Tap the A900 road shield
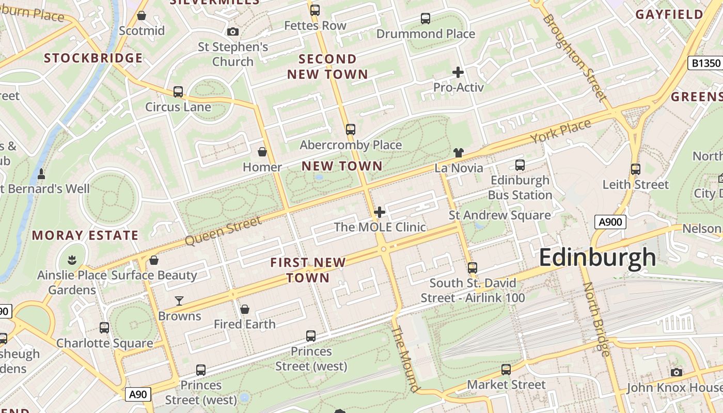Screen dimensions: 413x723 [610, 222]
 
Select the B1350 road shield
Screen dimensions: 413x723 [705, 63]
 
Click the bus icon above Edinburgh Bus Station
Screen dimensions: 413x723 [520, 165]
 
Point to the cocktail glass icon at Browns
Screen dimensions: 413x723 [179, 300]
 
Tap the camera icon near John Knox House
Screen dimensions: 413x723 [676, 372]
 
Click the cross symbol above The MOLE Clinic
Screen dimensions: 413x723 [380, 212]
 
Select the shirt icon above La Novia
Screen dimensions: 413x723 [459, 152]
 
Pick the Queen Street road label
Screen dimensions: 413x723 [223, 231]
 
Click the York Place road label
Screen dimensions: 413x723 [561, 132]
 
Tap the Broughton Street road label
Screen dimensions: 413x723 [574, 57]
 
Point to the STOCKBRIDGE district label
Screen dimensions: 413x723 [93, 58]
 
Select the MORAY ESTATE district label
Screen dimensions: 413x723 [85, 235]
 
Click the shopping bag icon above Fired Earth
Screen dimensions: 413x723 [245, 309]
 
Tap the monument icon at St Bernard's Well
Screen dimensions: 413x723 [41, 172]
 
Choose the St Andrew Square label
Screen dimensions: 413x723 [499, 215]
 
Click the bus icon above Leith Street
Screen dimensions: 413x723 [636, 169]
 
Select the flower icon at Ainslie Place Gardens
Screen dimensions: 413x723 [72, 260]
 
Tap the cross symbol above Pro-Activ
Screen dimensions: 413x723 [458, 72]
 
